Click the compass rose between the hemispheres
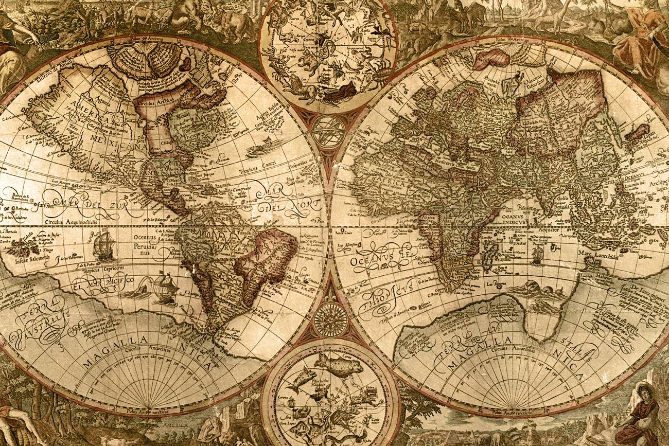click(x=330, y=319)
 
